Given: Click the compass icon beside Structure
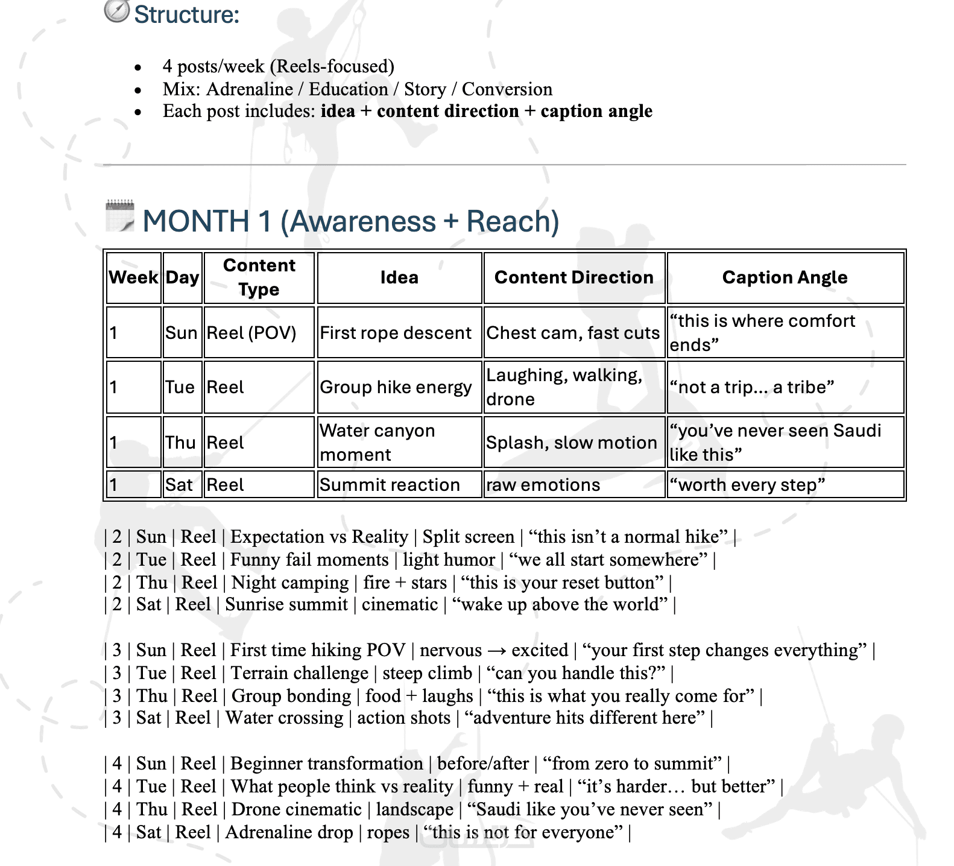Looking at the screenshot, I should [116, 11].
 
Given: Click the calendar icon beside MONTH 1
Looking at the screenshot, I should [120, 216].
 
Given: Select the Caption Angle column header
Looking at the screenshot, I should [785, 277].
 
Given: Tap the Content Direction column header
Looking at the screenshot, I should [573, 277].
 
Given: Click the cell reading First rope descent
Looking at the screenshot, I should [396, 333].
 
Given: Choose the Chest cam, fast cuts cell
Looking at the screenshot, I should [573, 333].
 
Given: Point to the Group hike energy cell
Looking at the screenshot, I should [396, 387].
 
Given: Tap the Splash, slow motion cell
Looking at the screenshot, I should [571, 443].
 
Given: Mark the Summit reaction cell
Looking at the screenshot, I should [390, 485].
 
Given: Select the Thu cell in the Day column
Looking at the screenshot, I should [180, 443].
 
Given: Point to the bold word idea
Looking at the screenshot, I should [338, 112].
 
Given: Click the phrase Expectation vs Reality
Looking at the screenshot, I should [319, 537].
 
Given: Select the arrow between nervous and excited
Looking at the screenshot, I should [497, 650].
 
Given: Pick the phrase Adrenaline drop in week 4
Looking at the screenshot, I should [289, 832].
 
